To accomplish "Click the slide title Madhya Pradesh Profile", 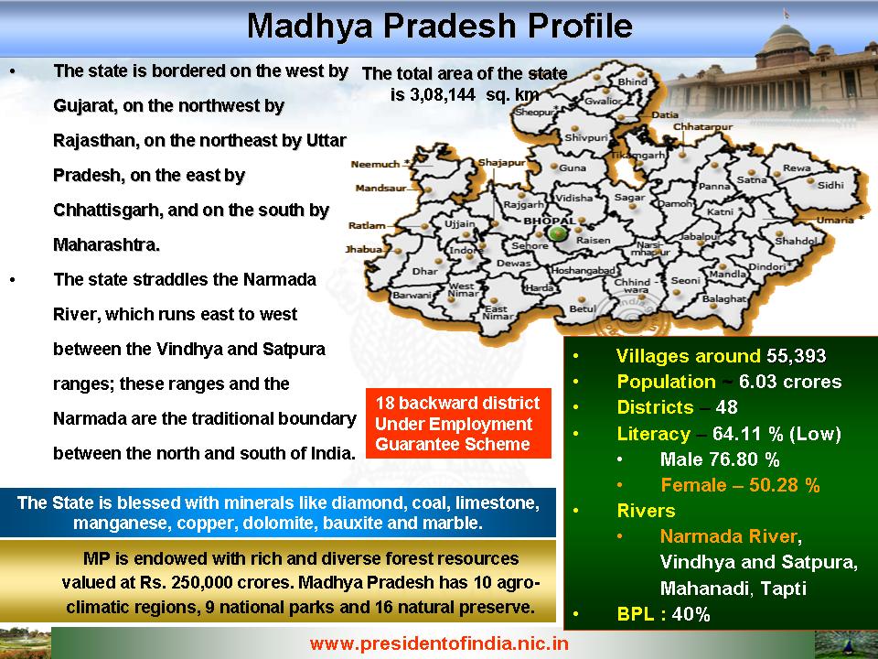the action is pos(440,26).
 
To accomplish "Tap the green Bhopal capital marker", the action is pos(557,233).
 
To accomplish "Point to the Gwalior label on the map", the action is pos(603,102).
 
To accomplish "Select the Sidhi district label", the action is pos(830,186).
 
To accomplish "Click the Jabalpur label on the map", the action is pos(700,237).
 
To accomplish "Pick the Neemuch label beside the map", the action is pos(375,164).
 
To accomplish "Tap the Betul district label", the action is pos(583,308).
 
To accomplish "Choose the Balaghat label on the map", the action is pos(724,299).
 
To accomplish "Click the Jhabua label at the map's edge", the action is pos(364,249).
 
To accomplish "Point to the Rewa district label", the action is pos(797,168).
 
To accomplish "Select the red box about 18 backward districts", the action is pos(458,423).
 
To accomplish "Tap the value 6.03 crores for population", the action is pos(790,382).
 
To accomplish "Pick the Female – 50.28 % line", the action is pos(740,485).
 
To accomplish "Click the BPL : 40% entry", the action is pos(663,614).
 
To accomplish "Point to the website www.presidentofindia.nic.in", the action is pos(439,643).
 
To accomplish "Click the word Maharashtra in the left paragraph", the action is pos(106,245).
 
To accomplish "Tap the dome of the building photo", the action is pos(782,38).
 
